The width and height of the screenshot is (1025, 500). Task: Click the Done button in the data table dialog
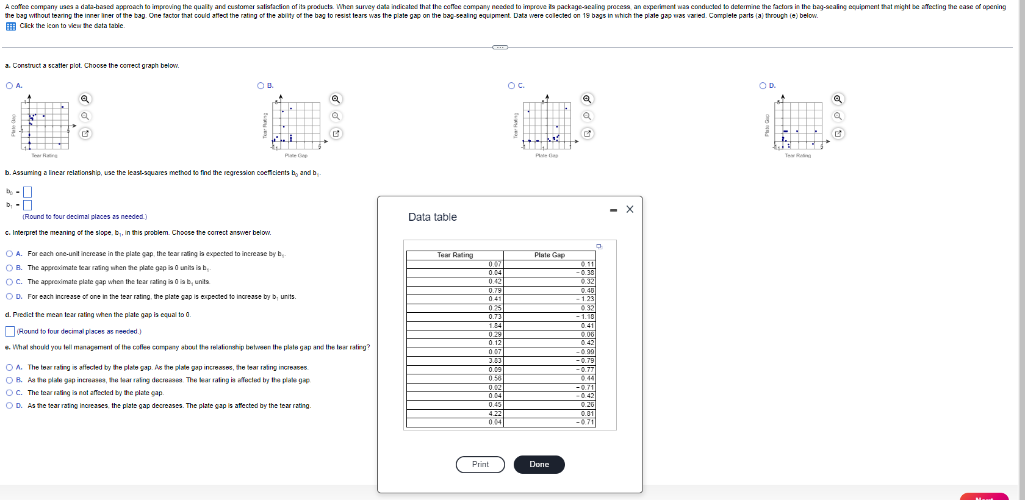[x=539, y=465]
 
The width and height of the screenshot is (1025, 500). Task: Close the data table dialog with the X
[x=630, y=210]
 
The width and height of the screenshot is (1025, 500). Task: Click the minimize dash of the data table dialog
[x=613, y=210]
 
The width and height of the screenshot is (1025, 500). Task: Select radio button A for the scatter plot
[x=9, y=86]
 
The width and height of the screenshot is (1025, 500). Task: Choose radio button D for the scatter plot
[x=763, y=86]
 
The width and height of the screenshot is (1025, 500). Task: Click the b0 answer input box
[x=27, y=192]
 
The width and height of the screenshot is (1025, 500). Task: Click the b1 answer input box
[x=27, y=205]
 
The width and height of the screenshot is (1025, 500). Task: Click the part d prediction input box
[x=10, y=332]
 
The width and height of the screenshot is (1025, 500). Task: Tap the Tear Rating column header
[x=455, y=255]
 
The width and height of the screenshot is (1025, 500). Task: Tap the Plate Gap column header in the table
[x=549, y=255]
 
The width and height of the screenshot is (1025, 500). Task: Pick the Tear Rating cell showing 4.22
[x=495, y=413]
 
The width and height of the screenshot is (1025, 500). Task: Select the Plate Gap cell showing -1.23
[x=585, y=299]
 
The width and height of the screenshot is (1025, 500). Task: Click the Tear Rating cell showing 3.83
[x=495, y=361]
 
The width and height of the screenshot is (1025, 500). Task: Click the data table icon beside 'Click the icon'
[x=10, y=26]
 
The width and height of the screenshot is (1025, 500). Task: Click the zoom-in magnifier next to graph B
[x=336, y=99]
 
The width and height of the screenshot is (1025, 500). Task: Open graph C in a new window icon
[x=587, y=134]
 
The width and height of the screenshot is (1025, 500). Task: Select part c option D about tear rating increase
[x=9, y=296]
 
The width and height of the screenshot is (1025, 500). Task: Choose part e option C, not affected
[x=9, y=393]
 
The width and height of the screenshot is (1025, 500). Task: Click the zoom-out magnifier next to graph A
[x=85, y=116]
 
